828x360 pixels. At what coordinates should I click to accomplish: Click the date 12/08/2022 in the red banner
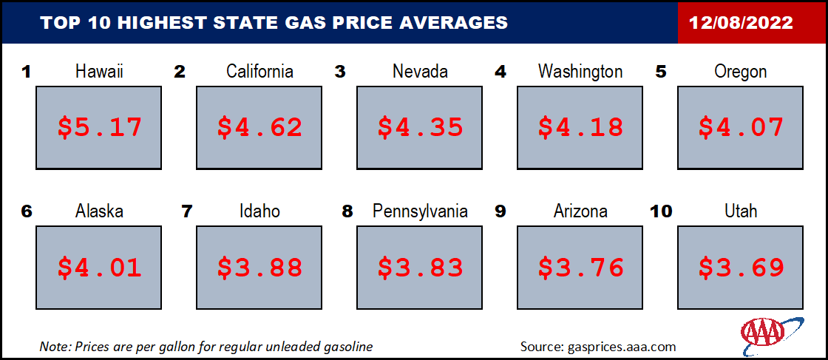tap(741, 23)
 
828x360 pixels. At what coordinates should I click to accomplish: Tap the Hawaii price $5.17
tap(100, 127)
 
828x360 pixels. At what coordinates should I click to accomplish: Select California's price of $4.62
tap(259, 127)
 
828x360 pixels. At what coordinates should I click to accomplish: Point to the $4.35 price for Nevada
tap(421, 127)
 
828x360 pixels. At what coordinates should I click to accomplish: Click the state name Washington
tap(580, 72)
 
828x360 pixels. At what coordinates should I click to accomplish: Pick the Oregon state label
tap(741, 72)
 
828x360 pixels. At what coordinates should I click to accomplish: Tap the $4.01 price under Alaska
tap(100, 267)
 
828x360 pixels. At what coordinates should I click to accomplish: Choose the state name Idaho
tap(259, 211)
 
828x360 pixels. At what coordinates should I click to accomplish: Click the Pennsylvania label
tap(421, 212)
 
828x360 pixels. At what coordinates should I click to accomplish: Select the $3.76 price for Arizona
tap(580, 267)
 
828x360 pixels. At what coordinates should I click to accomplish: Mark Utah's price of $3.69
tap(741, 267)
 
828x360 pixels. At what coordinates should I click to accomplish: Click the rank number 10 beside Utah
tap(662, 211)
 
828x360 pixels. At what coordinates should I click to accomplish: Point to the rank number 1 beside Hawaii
tap(26, 72)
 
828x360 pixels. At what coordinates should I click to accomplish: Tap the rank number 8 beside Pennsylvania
tap(347, 211)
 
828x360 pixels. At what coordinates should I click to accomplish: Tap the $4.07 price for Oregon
tap(741, 127)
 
